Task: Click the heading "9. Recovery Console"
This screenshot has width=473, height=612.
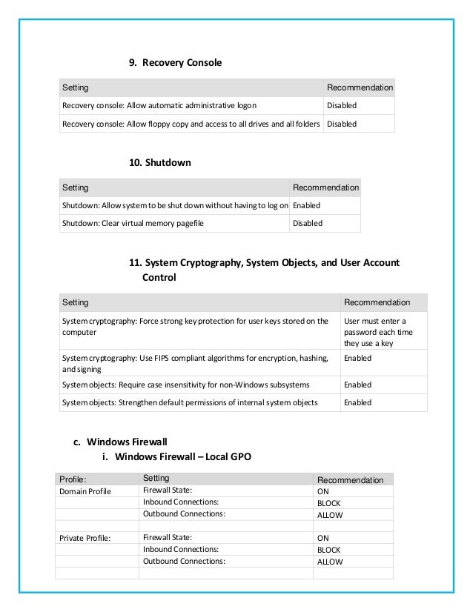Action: coord(176,63)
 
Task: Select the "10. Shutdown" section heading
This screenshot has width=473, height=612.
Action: coord(160,162)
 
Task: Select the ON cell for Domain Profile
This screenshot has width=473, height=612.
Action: coord(323,491)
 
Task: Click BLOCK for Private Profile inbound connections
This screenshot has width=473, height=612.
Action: coord(328,550)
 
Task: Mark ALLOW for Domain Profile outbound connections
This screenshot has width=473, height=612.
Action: coord(330,515)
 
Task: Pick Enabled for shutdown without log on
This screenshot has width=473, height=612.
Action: coord(307,205)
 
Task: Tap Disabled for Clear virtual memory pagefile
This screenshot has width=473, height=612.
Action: coord(308,223)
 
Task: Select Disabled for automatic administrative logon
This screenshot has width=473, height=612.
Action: coord(342,106)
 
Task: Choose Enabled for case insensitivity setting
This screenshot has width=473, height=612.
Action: coord(357,385)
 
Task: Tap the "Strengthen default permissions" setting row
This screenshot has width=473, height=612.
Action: coord(190,402)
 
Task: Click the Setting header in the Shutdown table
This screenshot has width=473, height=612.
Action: coord(75,187)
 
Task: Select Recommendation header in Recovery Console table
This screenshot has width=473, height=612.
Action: coord(360,87)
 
